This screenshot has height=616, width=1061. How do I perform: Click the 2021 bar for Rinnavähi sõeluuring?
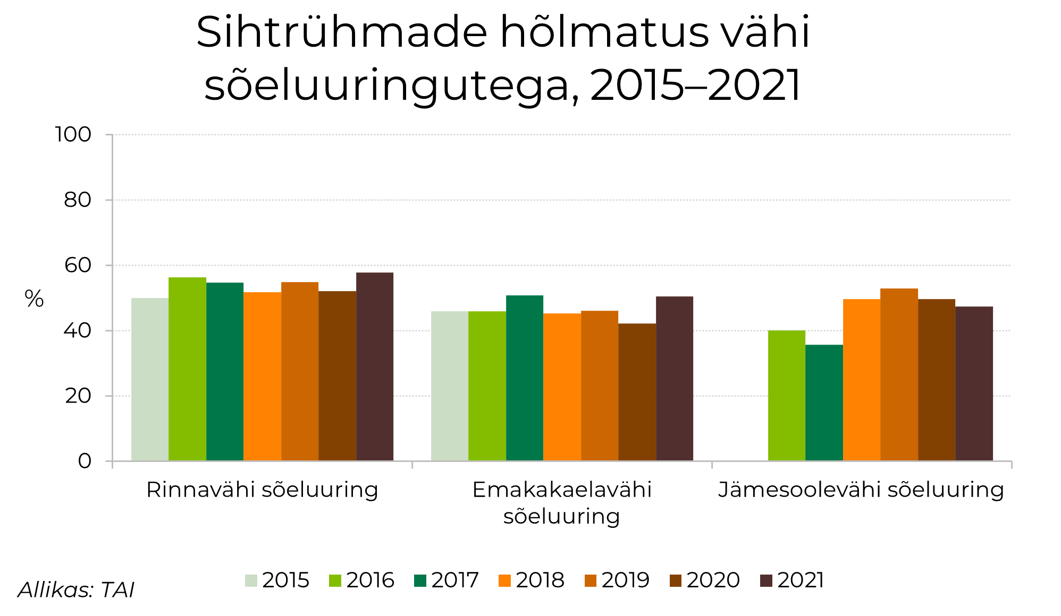(x=375, y=366)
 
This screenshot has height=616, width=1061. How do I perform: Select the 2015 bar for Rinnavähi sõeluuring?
(x=150, y=379)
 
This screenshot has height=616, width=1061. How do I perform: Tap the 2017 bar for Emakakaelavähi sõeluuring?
(x=525, y=378)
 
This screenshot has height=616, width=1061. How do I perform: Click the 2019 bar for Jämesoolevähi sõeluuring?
(x=899, y=374)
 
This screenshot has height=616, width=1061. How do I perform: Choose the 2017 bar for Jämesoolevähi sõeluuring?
(x=824, y=403)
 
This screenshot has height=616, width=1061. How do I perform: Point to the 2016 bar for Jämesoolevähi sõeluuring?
(x=787, y=396)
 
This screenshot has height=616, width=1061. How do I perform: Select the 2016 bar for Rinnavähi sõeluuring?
(x=187, y=369)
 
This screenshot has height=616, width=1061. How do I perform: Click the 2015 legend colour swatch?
(x=251, y=580)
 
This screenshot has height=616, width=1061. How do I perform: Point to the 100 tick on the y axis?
(x=73, y=134)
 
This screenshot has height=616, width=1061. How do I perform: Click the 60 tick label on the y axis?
(x=78, y=265)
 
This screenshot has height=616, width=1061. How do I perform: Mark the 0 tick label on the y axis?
(x=85, y=461)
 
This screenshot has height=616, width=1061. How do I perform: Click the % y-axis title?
(x=34, y=299)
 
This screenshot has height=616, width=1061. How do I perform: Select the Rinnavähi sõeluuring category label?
(x=262, y=490)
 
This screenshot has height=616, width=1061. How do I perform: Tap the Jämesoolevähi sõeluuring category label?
(x=861, y=490)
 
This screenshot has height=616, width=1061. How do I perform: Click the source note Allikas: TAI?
(x=76, y=590)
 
